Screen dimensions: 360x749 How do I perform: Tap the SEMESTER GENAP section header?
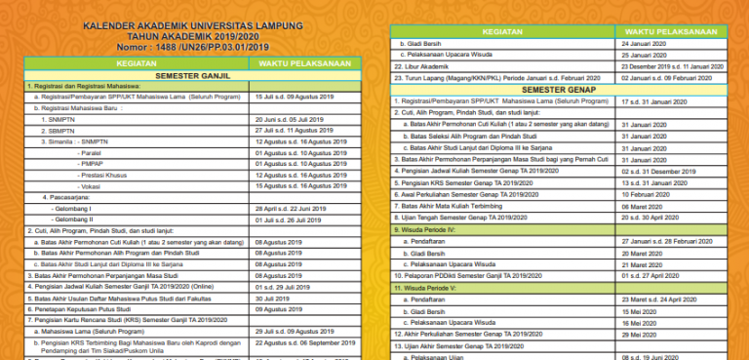click(558, 89)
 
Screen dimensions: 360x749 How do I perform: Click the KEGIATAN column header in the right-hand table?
click(503, 31)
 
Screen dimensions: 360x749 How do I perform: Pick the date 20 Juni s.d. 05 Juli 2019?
click(287, 117)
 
